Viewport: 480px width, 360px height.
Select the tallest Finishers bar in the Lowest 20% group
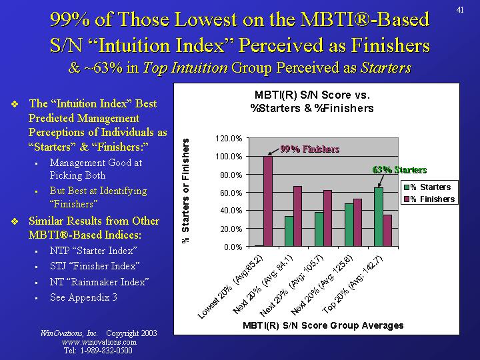pyautogui.click(x=268, y=201)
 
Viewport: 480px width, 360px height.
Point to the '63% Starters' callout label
pyautogui.click(x=399, y=169)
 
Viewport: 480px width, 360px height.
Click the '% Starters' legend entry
pyautogui.click(x=430, y=187)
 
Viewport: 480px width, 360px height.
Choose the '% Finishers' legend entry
pyautogui.click(x=432, y=199)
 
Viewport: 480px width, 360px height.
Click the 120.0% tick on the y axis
pyautogui.click(x=228, y=139)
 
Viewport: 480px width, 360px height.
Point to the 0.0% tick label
pyautogui.click(x=232, y=247)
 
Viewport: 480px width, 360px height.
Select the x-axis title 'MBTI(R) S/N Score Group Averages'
pyautogui.click(x=323, y=325)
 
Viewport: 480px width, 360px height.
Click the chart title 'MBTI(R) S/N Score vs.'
pyautogui.click(x=311, y=95)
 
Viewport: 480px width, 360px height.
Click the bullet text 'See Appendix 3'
pyautogui.click(x=85, y=297)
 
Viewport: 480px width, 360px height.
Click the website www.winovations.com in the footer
pyautogui.click(x=98, y=341)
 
